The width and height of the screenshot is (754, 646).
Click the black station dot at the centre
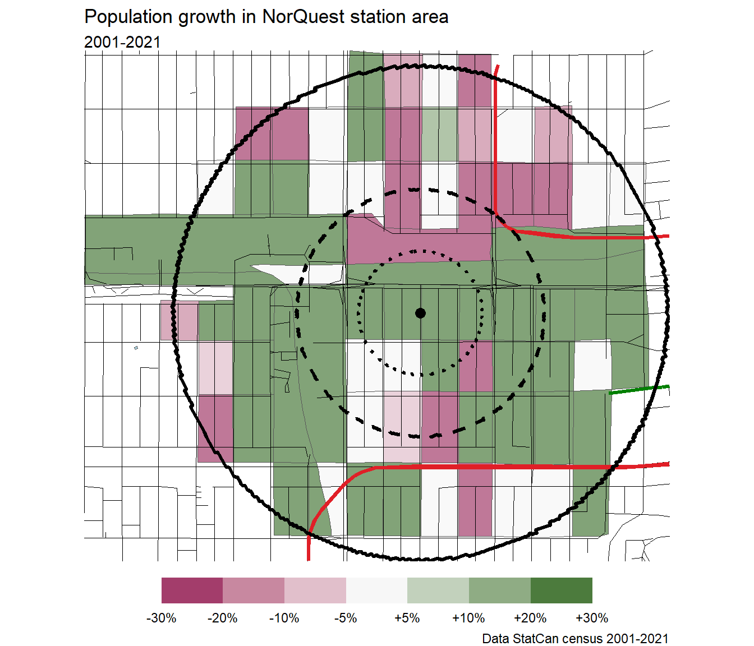click(x=420, y=313)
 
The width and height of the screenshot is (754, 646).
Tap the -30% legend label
click(x=162, y=618)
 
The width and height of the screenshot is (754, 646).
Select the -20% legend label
click(x=223, y=618)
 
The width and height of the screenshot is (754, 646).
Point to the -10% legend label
click(x=284, y=618)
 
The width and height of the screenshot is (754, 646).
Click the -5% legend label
click(x=346, y=618)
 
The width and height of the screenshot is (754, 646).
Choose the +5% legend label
click(x=407, y=618)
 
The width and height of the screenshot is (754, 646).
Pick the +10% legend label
click(x=468, y=618)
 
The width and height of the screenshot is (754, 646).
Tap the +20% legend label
click(x=530, y=618)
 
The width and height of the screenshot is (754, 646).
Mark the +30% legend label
click(x=592, y=618)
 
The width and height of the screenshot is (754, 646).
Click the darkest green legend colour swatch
click(x=561, y=590)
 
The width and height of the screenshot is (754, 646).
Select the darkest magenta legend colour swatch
click(x=192, y=590)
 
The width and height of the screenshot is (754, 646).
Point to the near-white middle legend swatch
click(x=376, y=590)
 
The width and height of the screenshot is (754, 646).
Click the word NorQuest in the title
click(x=304, y=17)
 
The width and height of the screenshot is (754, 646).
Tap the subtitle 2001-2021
click(x=122, y=42)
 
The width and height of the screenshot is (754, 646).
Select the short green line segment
click(x=639, y=390)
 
